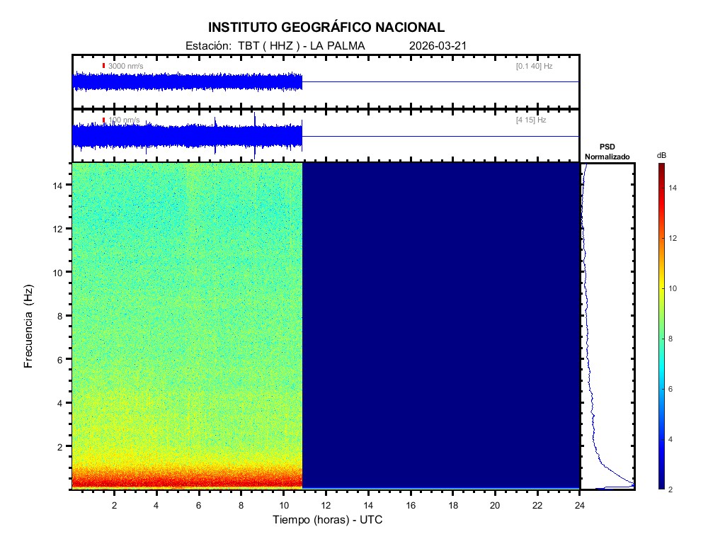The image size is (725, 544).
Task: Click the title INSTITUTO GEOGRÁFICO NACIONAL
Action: (326, 28)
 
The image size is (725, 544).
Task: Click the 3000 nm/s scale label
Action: (125, 66)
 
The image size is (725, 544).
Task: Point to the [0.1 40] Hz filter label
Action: (534, 66)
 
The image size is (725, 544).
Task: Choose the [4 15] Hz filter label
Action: (531, 120)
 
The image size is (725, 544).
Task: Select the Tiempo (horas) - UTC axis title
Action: (328, 519)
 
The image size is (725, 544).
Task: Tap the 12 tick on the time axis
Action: (326, 504)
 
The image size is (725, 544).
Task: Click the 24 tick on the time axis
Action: (580, 504)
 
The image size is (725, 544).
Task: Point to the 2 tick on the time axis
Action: (114, 504)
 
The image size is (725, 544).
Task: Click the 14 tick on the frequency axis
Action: (59, 185)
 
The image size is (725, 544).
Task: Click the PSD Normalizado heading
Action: (607, 152)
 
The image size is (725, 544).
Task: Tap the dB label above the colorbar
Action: (661, 155)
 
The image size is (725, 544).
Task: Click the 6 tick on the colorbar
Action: (673, 390)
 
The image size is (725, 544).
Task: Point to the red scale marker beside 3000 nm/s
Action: (103, 66)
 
